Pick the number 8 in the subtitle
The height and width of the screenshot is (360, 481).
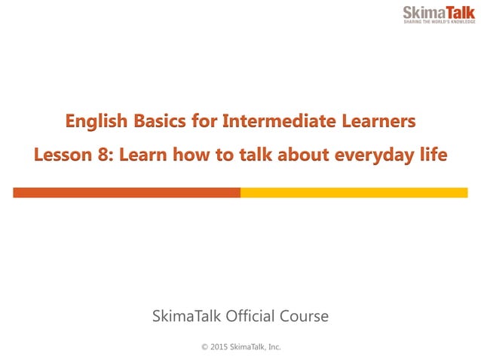click(x=106, y=155)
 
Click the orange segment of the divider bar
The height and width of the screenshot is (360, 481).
click(x=127, y=193)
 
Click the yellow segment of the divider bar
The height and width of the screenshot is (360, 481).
click(x=354, y=193)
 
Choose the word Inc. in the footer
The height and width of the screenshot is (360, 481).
click(x=272, y=347)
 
